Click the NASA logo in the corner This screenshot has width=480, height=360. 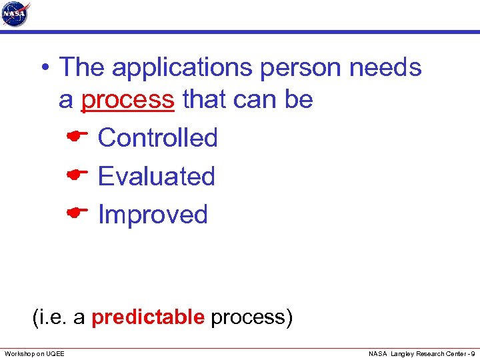pyautogui.click(x=16, y=14)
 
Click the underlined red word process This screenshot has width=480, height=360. pyautogui.click(x=127, y=100)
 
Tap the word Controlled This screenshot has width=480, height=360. pyautogui.click(x=157, y=138)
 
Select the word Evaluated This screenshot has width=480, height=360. pyautogui.click(x=156, y=177)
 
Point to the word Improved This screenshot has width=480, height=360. pyautogui.click(x=153, y=215)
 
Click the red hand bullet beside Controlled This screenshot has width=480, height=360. pyautogui.click(x=78, y=137)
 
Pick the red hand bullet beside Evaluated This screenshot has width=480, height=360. pyautogui.click(x=78, y=175)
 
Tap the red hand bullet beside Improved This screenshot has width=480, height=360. pyautogui.click(x=78, y=213)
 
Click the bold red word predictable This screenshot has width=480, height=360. pyautogui.click(x=147, y=317)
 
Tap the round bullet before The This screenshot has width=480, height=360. pyautogui.click(x=43, y=68)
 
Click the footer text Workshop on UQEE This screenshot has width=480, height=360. pyautogui.click(x=35, y=353)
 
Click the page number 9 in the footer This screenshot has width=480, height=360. pyautogui.click(x=472, y=353)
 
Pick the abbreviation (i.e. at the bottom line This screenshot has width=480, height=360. pyautogui.click(x=51, y=317)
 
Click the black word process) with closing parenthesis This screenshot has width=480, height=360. pyautogui.click(x=251, y=317)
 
